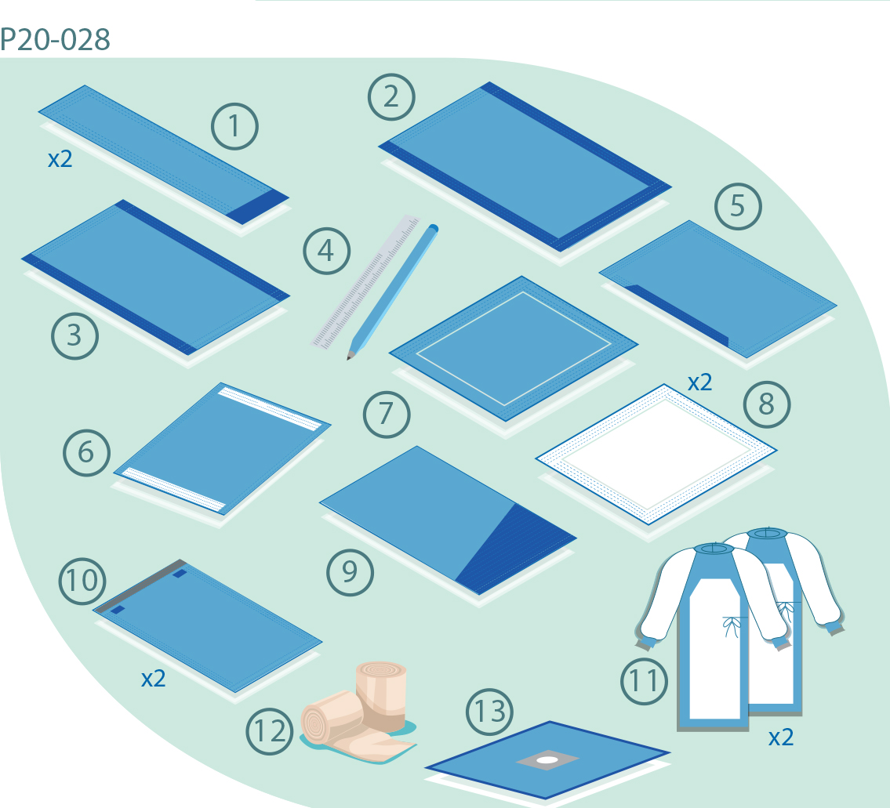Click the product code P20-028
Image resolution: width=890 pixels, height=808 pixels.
click(x=55, y=39)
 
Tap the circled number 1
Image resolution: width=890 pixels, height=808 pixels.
click(x=234, y=126)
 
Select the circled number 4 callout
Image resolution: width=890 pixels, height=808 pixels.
click(x=326, y=251)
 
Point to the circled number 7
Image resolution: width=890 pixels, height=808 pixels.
click(x=387, y=415)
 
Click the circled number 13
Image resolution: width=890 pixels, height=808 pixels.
click(x=489, y=712)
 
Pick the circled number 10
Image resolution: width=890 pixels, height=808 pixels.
click(x=82, y=581)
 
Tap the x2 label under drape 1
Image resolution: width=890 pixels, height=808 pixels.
click(x=60, y=159)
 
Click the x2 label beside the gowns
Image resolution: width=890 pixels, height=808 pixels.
click(x=781, y=737)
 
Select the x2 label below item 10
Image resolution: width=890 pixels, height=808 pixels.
click(x=153, y=679)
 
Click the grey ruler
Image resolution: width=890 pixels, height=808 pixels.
click(x=366, y=281)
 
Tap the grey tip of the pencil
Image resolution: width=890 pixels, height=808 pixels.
click(x=351, y=356)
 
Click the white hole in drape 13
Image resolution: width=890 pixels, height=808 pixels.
click(x=547, y=759)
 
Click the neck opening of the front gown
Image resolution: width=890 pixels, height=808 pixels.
click(x=714, y=549)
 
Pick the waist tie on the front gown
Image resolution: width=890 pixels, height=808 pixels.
click(x=731, y=625)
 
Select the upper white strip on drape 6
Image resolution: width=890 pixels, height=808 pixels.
click(x=271, y=409)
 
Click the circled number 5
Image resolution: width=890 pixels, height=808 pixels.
click(x=738, y=207)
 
